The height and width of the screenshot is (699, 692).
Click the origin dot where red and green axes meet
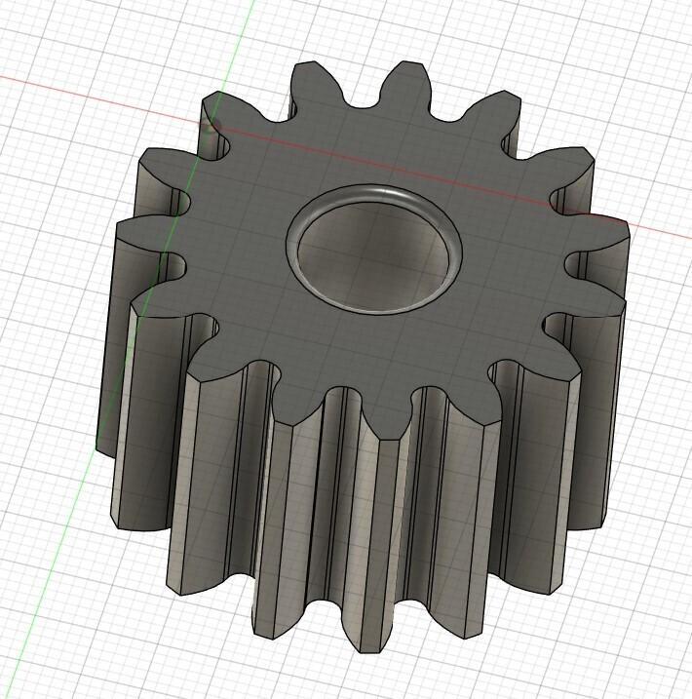point(210,124)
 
